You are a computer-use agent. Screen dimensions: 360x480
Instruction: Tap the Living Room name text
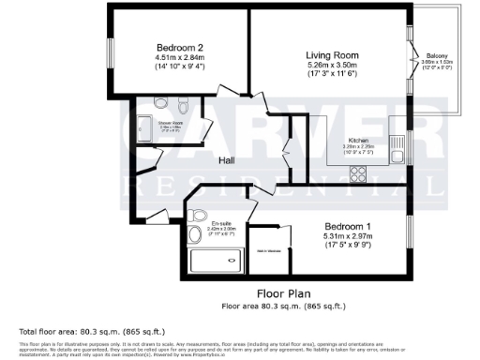click(333, 55)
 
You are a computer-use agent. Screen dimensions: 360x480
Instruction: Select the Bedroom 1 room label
click(349, 227)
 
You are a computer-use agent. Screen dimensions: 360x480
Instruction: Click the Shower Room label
click(170, 122)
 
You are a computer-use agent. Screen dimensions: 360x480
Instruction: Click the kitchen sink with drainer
click(396, 141)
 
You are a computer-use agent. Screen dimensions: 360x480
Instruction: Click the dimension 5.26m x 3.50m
click(333, 66)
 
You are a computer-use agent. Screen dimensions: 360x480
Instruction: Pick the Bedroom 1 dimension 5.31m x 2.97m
click(349, 237)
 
